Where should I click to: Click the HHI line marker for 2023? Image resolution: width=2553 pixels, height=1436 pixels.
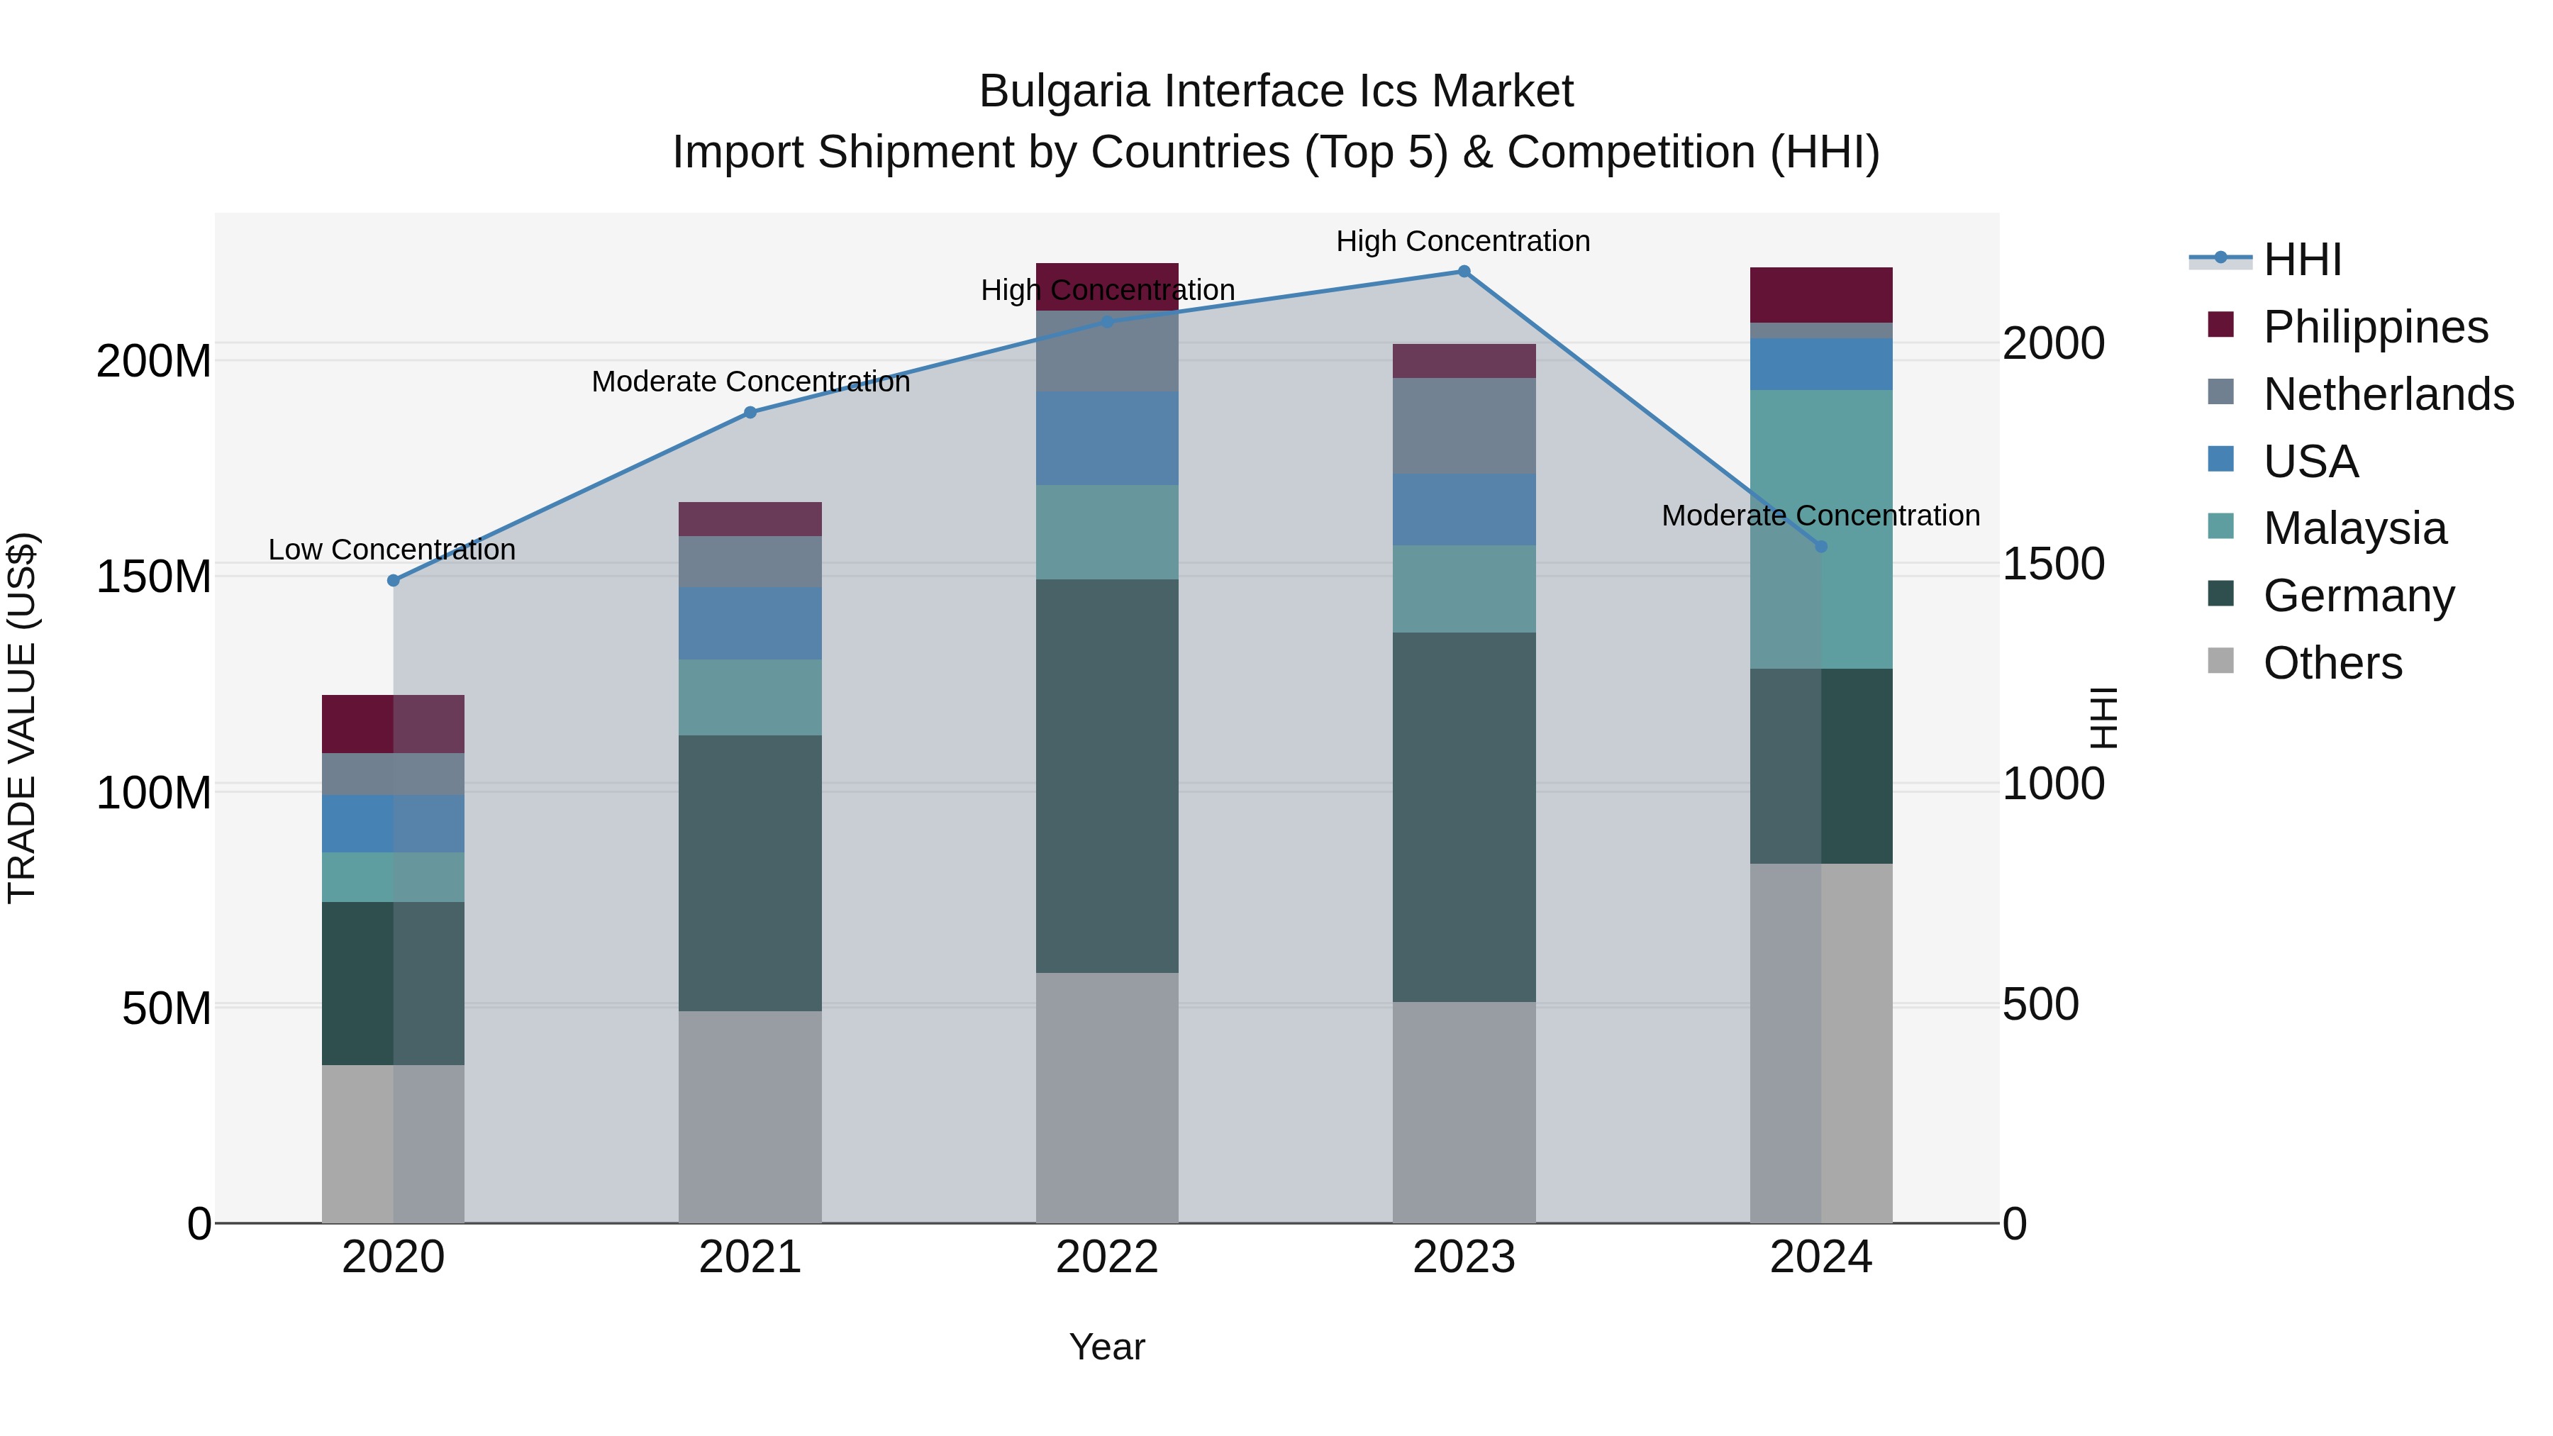[1464, 272]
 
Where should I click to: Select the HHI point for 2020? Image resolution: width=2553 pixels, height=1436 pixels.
[394, 581]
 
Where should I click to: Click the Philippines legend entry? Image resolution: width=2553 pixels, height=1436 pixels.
[2374, 327]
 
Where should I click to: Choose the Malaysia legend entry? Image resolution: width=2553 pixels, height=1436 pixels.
[2354, 528]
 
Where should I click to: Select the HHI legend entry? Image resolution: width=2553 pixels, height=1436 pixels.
[2301, 260]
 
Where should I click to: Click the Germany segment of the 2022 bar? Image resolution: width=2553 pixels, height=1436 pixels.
[1107, 776]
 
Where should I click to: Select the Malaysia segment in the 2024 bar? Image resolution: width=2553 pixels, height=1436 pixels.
[1820, 529]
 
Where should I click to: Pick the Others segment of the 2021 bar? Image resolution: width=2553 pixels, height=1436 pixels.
[750, 1117]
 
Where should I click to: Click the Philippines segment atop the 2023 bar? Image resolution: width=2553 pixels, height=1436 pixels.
[1464, 361]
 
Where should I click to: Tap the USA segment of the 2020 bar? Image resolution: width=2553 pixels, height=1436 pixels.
[394, 823]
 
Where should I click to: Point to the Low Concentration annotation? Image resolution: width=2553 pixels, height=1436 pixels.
[392, 550]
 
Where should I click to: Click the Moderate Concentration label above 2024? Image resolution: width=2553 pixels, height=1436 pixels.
[1820, 516]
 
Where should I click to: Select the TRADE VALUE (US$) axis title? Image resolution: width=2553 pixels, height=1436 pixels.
[22, 718]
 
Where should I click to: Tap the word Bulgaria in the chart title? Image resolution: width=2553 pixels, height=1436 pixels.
[1064, 92]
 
